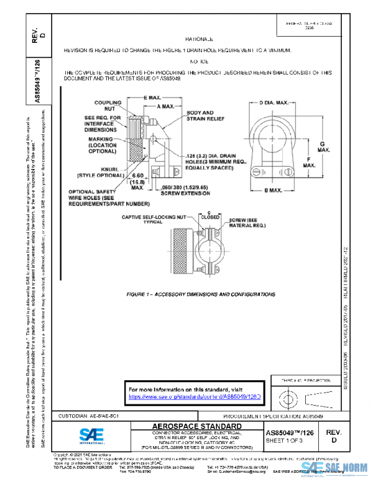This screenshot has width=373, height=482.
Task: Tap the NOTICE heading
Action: (x=200, y=63)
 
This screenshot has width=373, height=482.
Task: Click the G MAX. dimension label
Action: (x=324, y=147)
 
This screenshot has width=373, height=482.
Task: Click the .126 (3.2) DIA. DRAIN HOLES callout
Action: (x=214, y=161)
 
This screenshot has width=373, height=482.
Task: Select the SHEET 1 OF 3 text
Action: (x=288, y=440)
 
